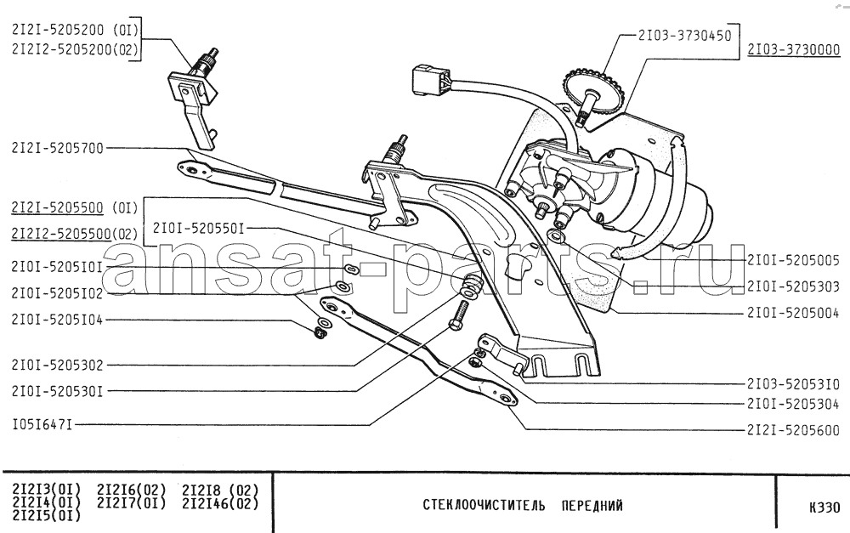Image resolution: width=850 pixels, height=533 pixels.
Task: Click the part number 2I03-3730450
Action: coord(684,36)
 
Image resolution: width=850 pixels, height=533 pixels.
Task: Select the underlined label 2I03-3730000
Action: coord(794,50)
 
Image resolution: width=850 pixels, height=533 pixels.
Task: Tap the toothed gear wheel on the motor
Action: coord(594,93)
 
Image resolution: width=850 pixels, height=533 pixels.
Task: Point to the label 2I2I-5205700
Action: coord(58,148)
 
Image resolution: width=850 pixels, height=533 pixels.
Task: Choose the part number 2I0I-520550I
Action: coord(198,229)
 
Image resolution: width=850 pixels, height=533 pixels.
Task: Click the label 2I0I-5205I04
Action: coord(58,320)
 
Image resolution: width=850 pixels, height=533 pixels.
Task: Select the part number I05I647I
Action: coord(42,424)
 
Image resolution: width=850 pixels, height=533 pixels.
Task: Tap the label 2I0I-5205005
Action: coord(794,261)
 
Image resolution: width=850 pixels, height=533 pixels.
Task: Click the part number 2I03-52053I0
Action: coord(794,384)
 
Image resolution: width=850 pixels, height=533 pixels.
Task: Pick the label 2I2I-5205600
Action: coord(794,430)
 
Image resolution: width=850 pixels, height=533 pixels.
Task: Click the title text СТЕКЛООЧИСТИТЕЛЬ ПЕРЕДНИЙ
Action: coord(523,506)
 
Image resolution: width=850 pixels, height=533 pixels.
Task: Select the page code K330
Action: coord(824,507)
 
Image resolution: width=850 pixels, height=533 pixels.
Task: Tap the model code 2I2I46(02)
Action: coord(221,503)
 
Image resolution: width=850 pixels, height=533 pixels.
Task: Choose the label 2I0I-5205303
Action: coord(794,286)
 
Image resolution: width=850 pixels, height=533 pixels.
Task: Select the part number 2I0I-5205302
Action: coord(58,366)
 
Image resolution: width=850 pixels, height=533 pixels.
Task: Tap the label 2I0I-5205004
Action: coord(794,312)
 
